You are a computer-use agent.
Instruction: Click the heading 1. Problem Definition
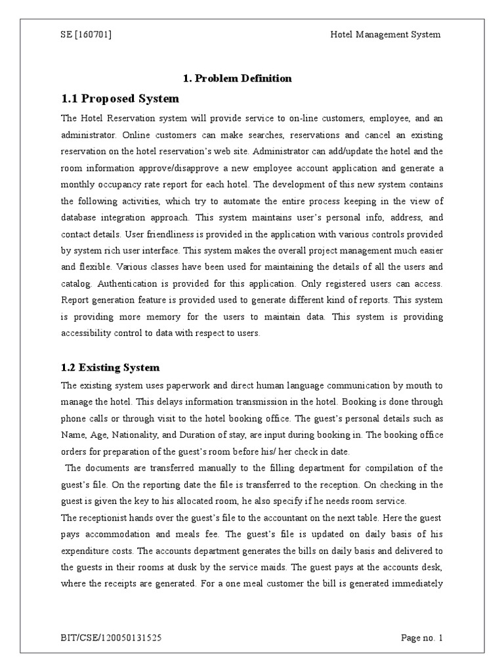tap(237, 78)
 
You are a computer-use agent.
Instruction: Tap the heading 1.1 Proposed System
tap(120, 99)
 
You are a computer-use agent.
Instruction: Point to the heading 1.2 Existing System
tap(110, 367)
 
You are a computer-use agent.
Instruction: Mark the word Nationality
tap(138, 434)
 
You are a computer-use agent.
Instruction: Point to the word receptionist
tap(108, 501)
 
